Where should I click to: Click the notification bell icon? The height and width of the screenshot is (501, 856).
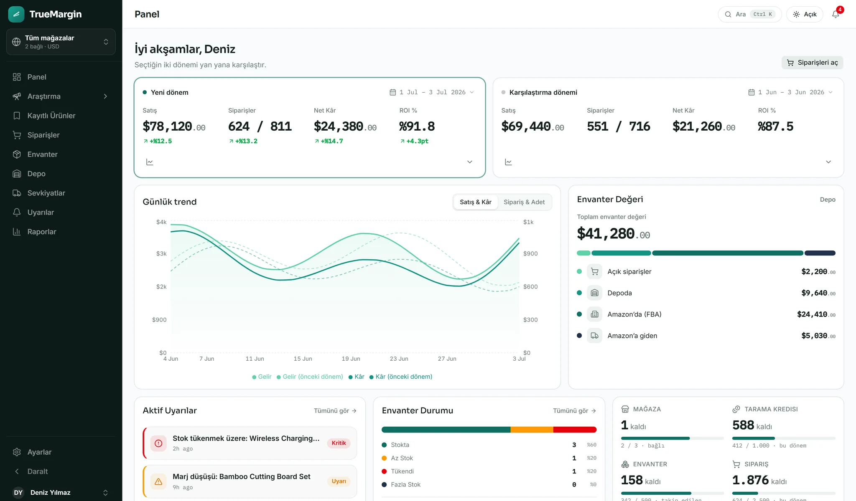836,14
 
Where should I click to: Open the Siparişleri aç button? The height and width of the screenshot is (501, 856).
812,63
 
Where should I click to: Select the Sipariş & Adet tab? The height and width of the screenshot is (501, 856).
524,202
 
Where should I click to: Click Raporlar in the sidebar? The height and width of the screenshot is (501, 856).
41,232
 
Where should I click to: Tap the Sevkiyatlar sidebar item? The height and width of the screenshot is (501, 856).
46,193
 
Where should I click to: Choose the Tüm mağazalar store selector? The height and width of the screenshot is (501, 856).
61,42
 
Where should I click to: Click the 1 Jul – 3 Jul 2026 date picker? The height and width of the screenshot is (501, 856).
432,92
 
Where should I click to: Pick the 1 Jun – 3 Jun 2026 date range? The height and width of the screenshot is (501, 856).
791,92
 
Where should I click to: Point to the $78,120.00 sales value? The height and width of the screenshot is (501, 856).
174,127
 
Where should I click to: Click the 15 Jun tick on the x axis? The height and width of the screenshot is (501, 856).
303,359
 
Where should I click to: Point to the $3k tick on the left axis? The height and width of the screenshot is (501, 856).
161,253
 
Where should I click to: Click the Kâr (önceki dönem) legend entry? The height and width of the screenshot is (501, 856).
401,377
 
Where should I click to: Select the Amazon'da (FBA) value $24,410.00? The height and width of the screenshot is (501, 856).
816,314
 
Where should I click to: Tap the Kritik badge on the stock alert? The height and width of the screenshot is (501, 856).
339,443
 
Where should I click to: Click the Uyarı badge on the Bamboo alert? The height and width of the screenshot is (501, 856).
339,481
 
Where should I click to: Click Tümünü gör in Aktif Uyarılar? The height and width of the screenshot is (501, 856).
335,411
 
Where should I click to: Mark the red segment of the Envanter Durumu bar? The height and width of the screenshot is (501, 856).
575,430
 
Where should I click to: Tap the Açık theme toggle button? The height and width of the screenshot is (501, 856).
805,14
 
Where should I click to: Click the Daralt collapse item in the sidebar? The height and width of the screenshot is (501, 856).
37,471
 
